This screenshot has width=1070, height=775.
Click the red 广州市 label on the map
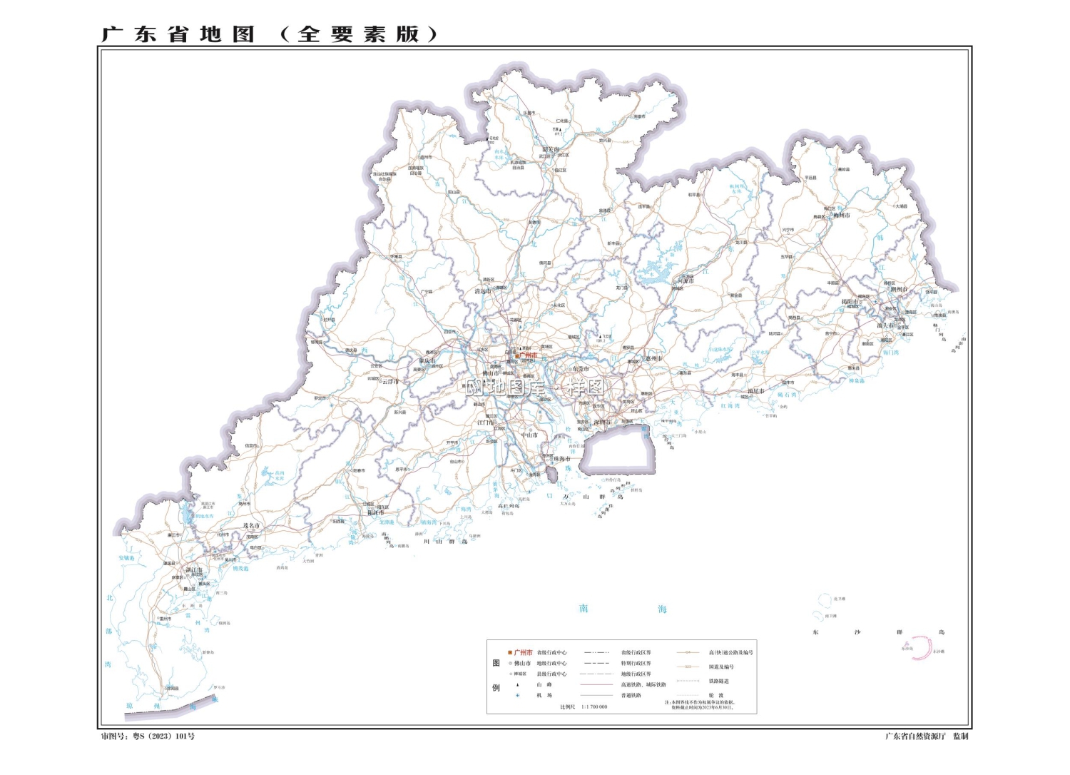528,355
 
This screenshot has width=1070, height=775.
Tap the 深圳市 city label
603,422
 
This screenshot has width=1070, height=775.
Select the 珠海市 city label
562,459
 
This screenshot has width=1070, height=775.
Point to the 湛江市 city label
194,570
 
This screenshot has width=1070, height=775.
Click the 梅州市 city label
842,215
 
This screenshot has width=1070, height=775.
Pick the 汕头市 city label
885,325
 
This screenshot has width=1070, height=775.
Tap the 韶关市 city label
551,149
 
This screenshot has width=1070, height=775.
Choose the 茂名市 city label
251,525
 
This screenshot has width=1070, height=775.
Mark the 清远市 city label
483,291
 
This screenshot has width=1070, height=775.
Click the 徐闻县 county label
173,689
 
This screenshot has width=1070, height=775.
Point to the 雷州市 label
165,618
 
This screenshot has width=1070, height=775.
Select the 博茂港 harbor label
240,569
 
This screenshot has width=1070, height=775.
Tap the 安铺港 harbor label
126,558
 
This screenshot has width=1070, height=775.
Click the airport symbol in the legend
518,695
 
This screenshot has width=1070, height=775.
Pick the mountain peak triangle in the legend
518,684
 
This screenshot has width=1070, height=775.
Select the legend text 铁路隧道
718,681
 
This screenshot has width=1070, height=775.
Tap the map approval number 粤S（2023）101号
163,736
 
